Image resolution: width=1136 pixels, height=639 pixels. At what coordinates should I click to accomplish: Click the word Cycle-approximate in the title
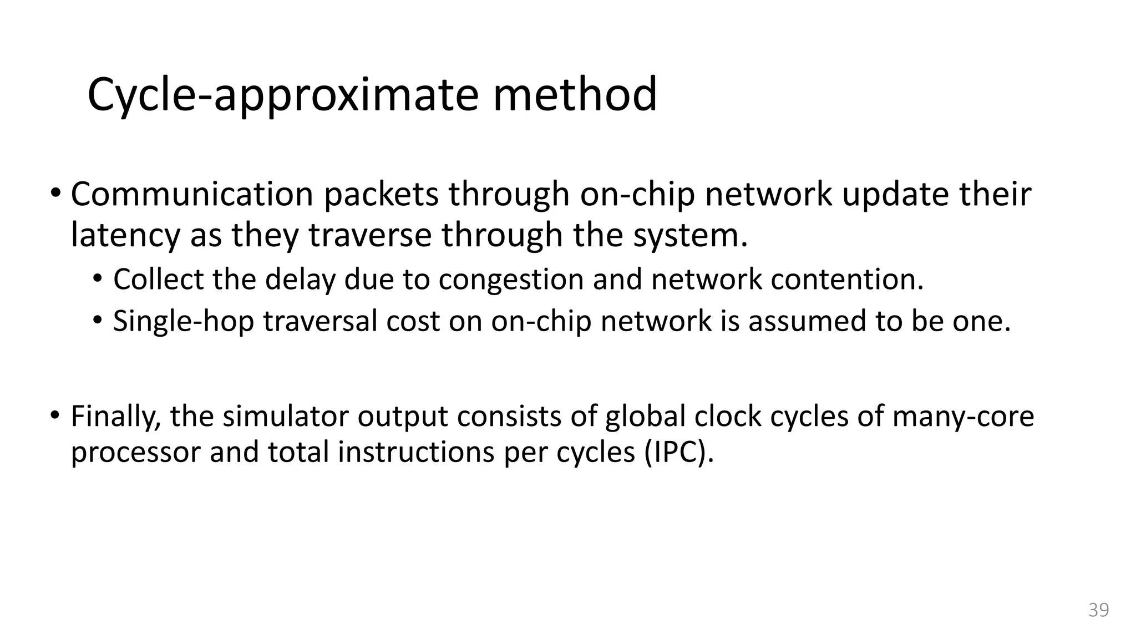[282, 95]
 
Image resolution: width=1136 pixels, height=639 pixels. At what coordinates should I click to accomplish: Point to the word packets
[381, 195]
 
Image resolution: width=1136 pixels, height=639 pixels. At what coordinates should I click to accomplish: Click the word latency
[126, 235]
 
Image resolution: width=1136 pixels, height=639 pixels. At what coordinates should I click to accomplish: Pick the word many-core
[963, 416]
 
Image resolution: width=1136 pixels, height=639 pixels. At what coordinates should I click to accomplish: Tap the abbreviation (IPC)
[678, 452]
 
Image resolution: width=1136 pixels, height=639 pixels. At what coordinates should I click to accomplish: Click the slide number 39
[1098, 610]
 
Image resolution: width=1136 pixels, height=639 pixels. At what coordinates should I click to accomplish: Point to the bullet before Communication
[55, 194]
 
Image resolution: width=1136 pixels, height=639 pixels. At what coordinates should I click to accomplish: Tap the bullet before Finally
[55, 415]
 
